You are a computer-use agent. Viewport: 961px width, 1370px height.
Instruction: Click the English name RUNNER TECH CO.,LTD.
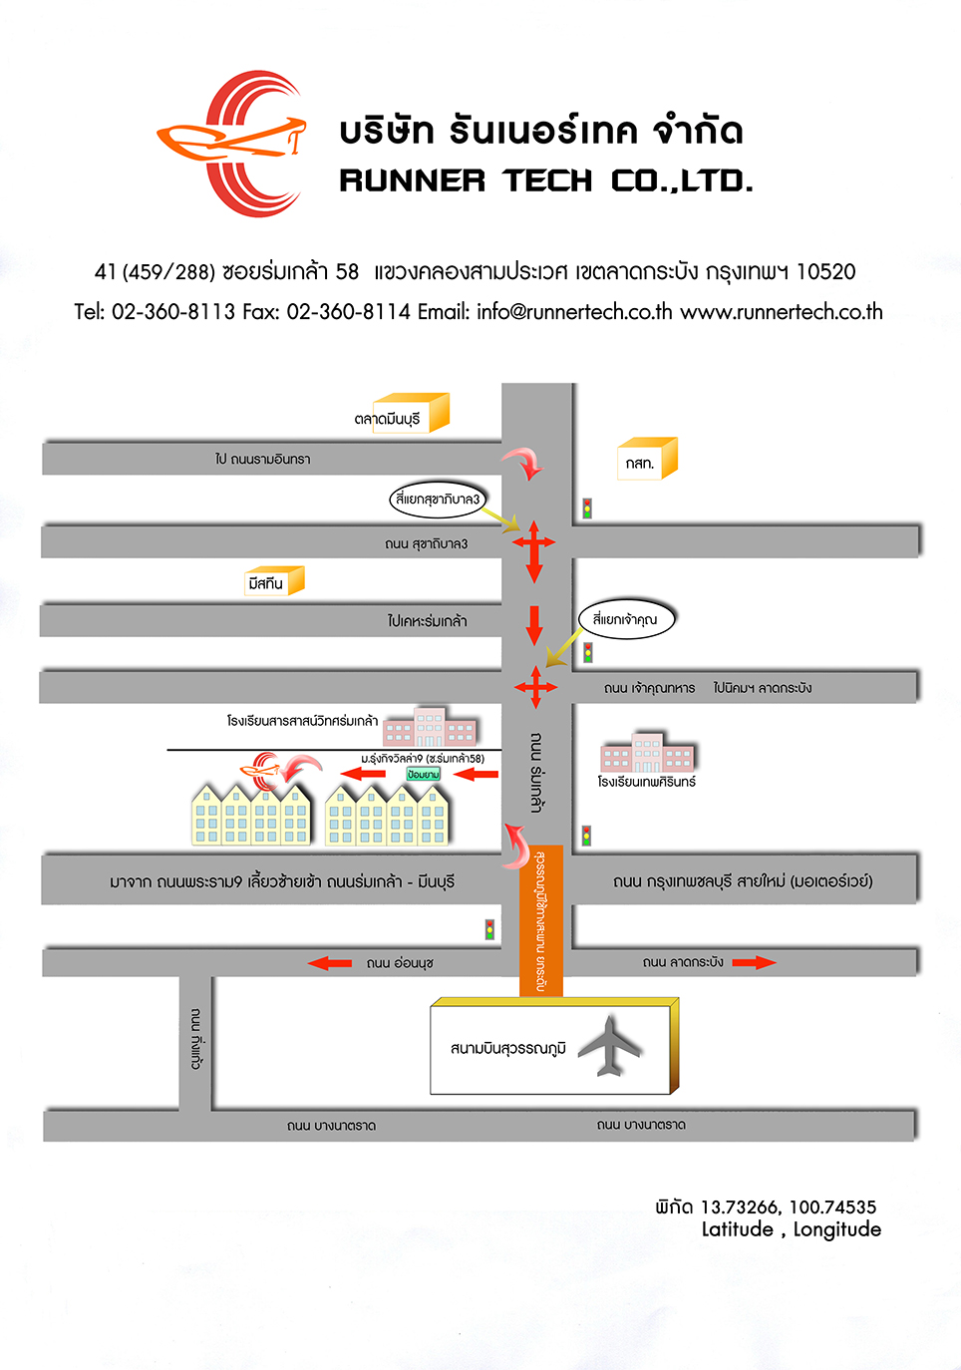[545, 181]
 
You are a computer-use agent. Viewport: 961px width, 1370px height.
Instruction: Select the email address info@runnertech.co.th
[573, 312]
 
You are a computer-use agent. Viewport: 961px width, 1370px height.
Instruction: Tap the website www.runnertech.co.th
[782, 312]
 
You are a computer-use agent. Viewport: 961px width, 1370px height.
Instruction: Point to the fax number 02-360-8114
[348, 312]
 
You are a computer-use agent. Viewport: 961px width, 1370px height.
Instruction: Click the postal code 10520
[825, 272]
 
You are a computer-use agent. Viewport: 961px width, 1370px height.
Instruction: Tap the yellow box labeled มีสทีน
[274, 581]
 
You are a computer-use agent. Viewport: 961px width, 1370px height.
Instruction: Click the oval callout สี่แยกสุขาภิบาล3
[438, 499]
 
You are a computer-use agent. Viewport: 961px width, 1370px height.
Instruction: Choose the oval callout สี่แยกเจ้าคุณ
[625, 619]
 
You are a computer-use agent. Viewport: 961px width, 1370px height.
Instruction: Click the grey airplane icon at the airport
[609, 1046]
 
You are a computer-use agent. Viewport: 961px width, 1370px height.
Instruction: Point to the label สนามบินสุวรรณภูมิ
[507, 1048]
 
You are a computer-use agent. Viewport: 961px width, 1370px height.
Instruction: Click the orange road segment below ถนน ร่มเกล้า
[541, 920]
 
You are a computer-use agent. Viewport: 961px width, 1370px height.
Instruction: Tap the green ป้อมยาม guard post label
[424, 775]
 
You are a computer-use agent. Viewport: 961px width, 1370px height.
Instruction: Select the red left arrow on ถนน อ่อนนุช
[330, 963]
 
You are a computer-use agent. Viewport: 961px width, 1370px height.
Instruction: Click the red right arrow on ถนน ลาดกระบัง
[754, 962]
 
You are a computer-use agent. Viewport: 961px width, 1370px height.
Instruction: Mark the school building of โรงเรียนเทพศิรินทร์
[647, 754]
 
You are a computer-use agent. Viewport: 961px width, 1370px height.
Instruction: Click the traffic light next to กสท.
[587, 509]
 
